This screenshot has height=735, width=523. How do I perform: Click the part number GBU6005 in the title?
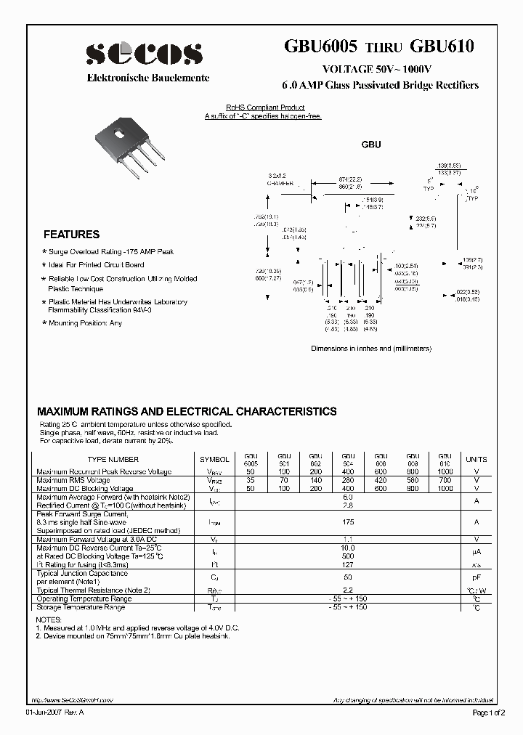pyautogui.click(x=321, y=48)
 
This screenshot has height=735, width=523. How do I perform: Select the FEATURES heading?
pyautogui.click(x=71, y=235)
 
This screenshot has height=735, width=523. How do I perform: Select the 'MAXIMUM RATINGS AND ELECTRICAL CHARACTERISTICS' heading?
pyautogui.click(x=187, y=411)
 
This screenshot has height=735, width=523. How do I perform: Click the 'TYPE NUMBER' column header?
pyautogui.click(x=113, y=460)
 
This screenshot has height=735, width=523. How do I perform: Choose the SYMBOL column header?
pyautogui.click(x=214, y=460)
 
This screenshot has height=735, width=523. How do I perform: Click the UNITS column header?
pyautogui.click(x=477, y=460)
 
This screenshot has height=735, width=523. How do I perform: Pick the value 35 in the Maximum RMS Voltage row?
pyautogui.click(x=251, y=481)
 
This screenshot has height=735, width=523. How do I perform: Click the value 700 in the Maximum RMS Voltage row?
pyautogui.click(x=445, y=481)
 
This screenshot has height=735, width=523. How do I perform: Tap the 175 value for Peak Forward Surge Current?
pyautogui.click(x=347, y=521)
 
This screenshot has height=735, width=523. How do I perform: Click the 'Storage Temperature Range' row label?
pyautogui.click(x=81, y=607)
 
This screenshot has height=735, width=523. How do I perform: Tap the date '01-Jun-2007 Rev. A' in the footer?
pyautogui.click(x=61, y=712)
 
